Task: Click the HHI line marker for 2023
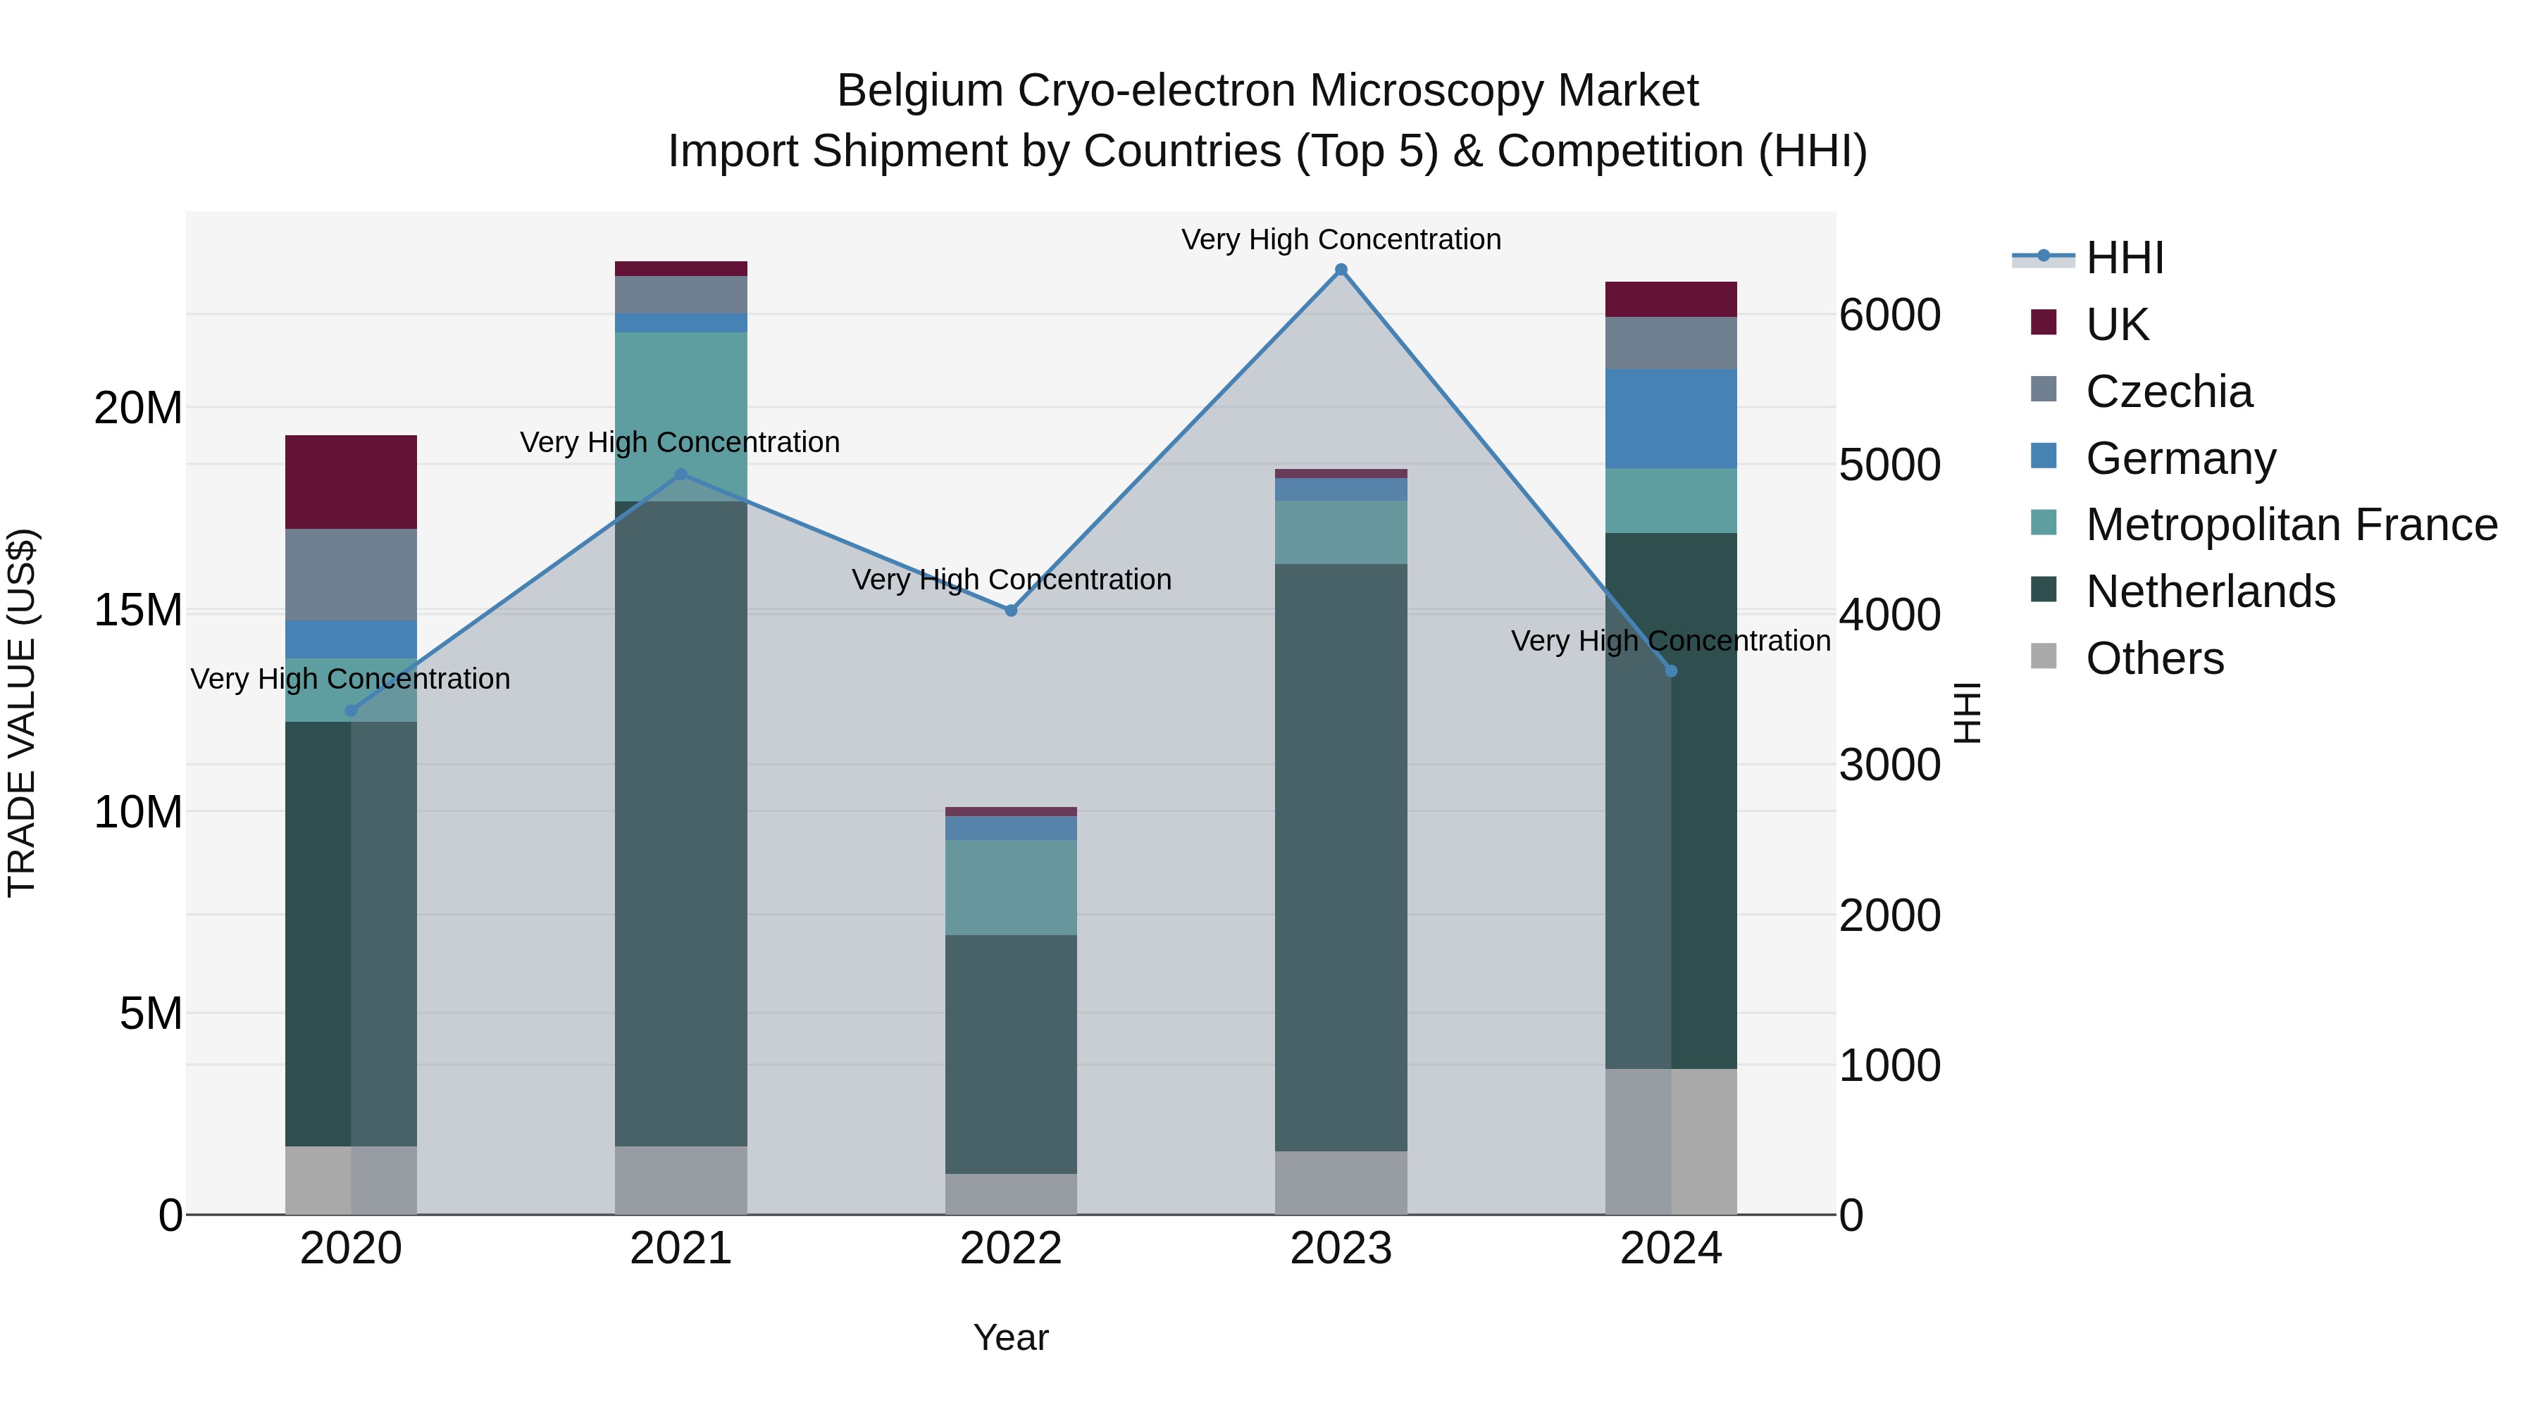click(x=1341, y=270)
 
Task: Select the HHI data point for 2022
click(x=1011, y=610)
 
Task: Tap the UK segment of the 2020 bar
click(x=352, y=482)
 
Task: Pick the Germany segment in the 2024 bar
click(x=1671, y=418)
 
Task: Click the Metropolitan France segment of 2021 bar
click(x=681, y=416)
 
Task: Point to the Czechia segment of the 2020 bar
click(x=352, y=575)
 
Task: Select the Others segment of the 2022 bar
click(x=1011, y=1194)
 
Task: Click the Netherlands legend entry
click(x=2210, y=592)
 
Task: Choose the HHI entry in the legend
click(x=2125, y=258)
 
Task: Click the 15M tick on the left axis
click(x=138, y=610)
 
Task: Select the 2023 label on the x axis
click(x=1341, y=1249)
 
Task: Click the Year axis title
click(x=1011, y=1337)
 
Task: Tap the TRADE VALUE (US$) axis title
click(x=22, y=713)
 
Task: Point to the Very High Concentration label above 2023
click(x=1341, y=239)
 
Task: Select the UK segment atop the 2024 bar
click(x=1671, y=299)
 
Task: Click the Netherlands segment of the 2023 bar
click(x=1341, y=856)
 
